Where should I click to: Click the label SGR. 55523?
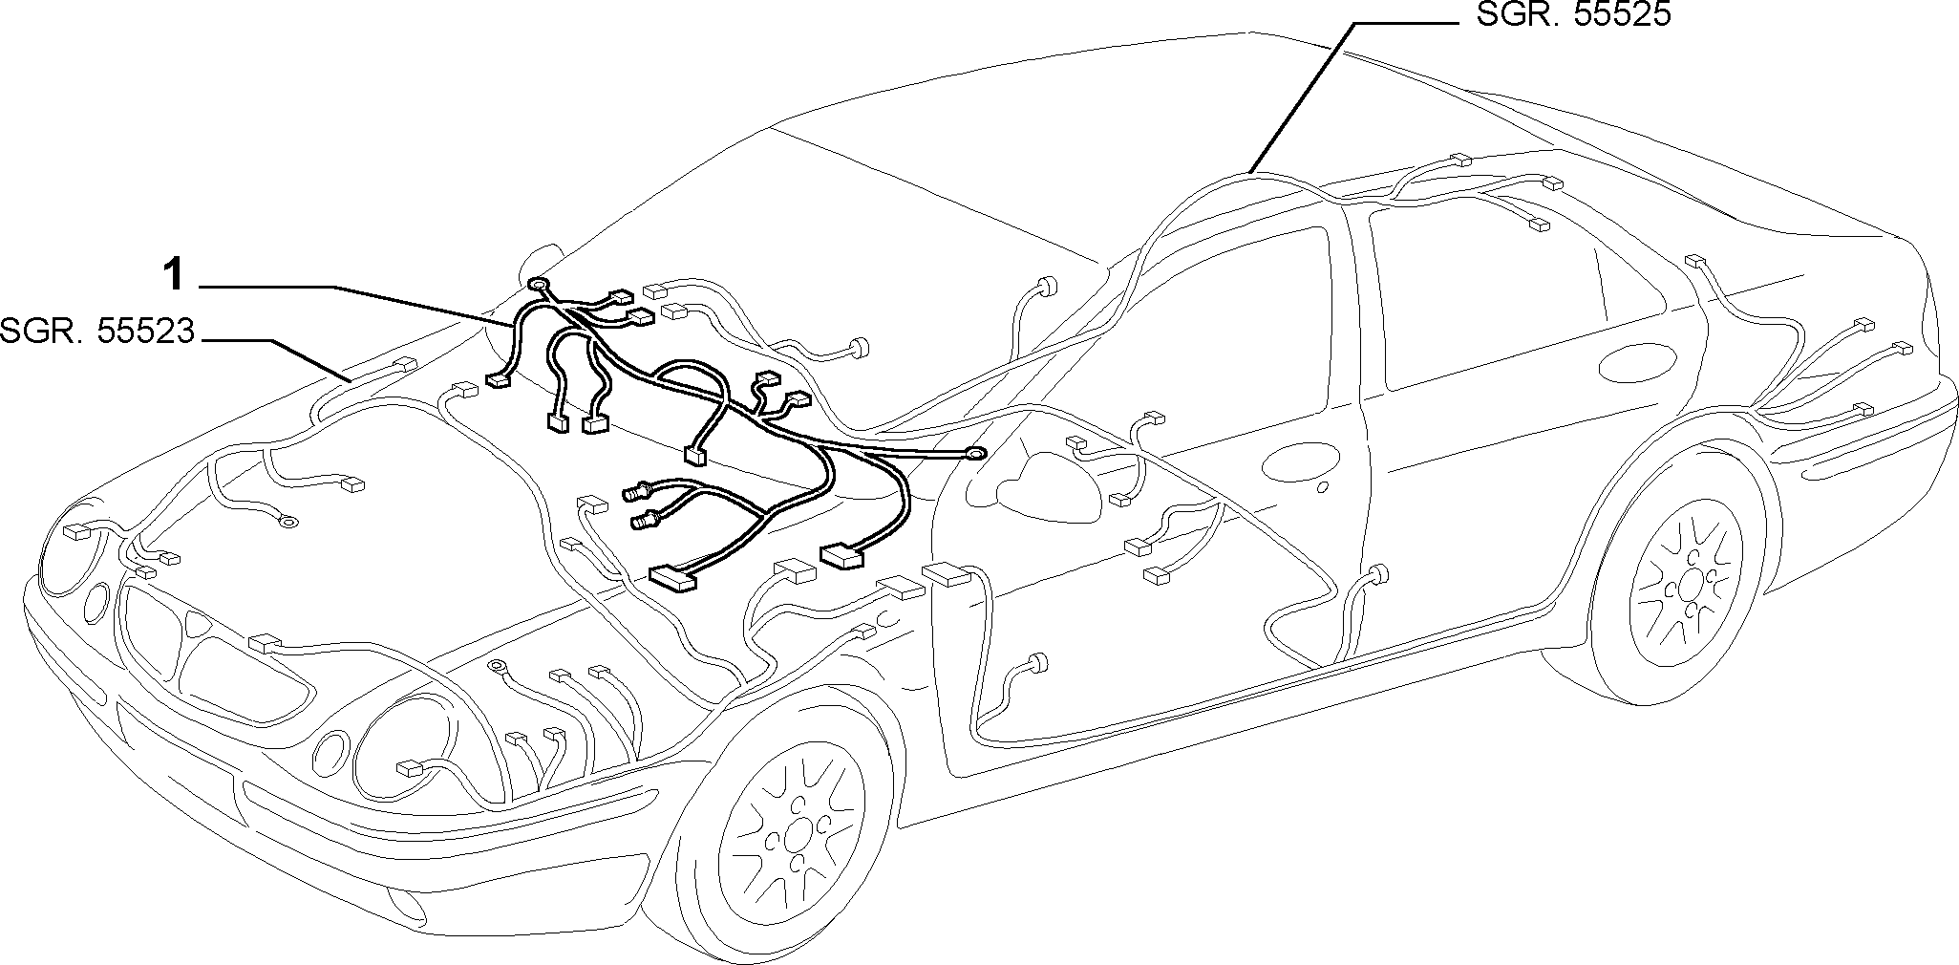click(x=97, y=332)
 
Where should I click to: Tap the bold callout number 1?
click(x=173, y=276)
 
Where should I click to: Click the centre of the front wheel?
click(x=794, y=837)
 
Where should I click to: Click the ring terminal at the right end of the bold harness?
click(x=977, y=454)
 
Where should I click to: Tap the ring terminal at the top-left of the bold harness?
click(x=538, y=284)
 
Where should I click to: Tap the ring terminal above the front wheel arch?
click(x=497, y=667)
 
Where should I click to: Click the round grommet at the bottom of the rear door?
click(x=1378, y=574)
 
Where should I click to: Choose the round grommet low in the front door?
click(x=1035, y=664)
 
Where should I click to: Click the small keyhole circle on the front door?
click(x=1322, y=487)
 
